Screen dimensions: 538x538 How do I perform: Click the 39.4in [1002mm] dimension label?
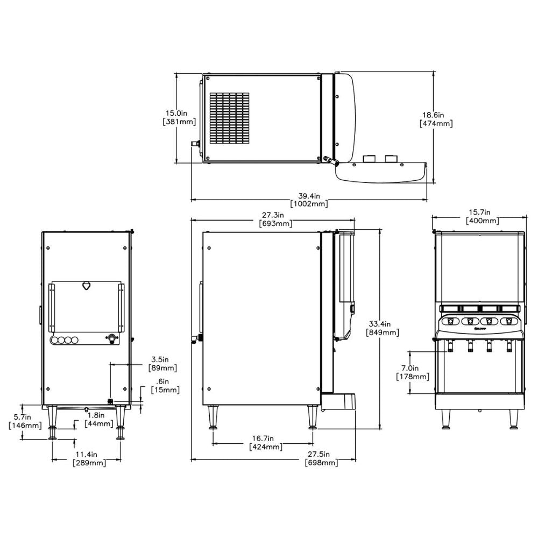309,200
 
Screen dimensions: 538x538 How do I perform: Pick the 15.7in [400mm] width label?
482,216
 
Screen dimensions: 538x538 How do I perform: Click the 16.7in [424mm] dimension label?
266,443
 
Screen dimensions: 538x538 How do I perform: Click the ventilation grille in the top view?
230,118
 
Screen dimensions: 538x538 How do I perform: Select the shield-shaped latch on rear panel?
86,286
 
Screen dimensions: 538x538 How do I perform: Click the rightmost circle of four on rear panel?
76,340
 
